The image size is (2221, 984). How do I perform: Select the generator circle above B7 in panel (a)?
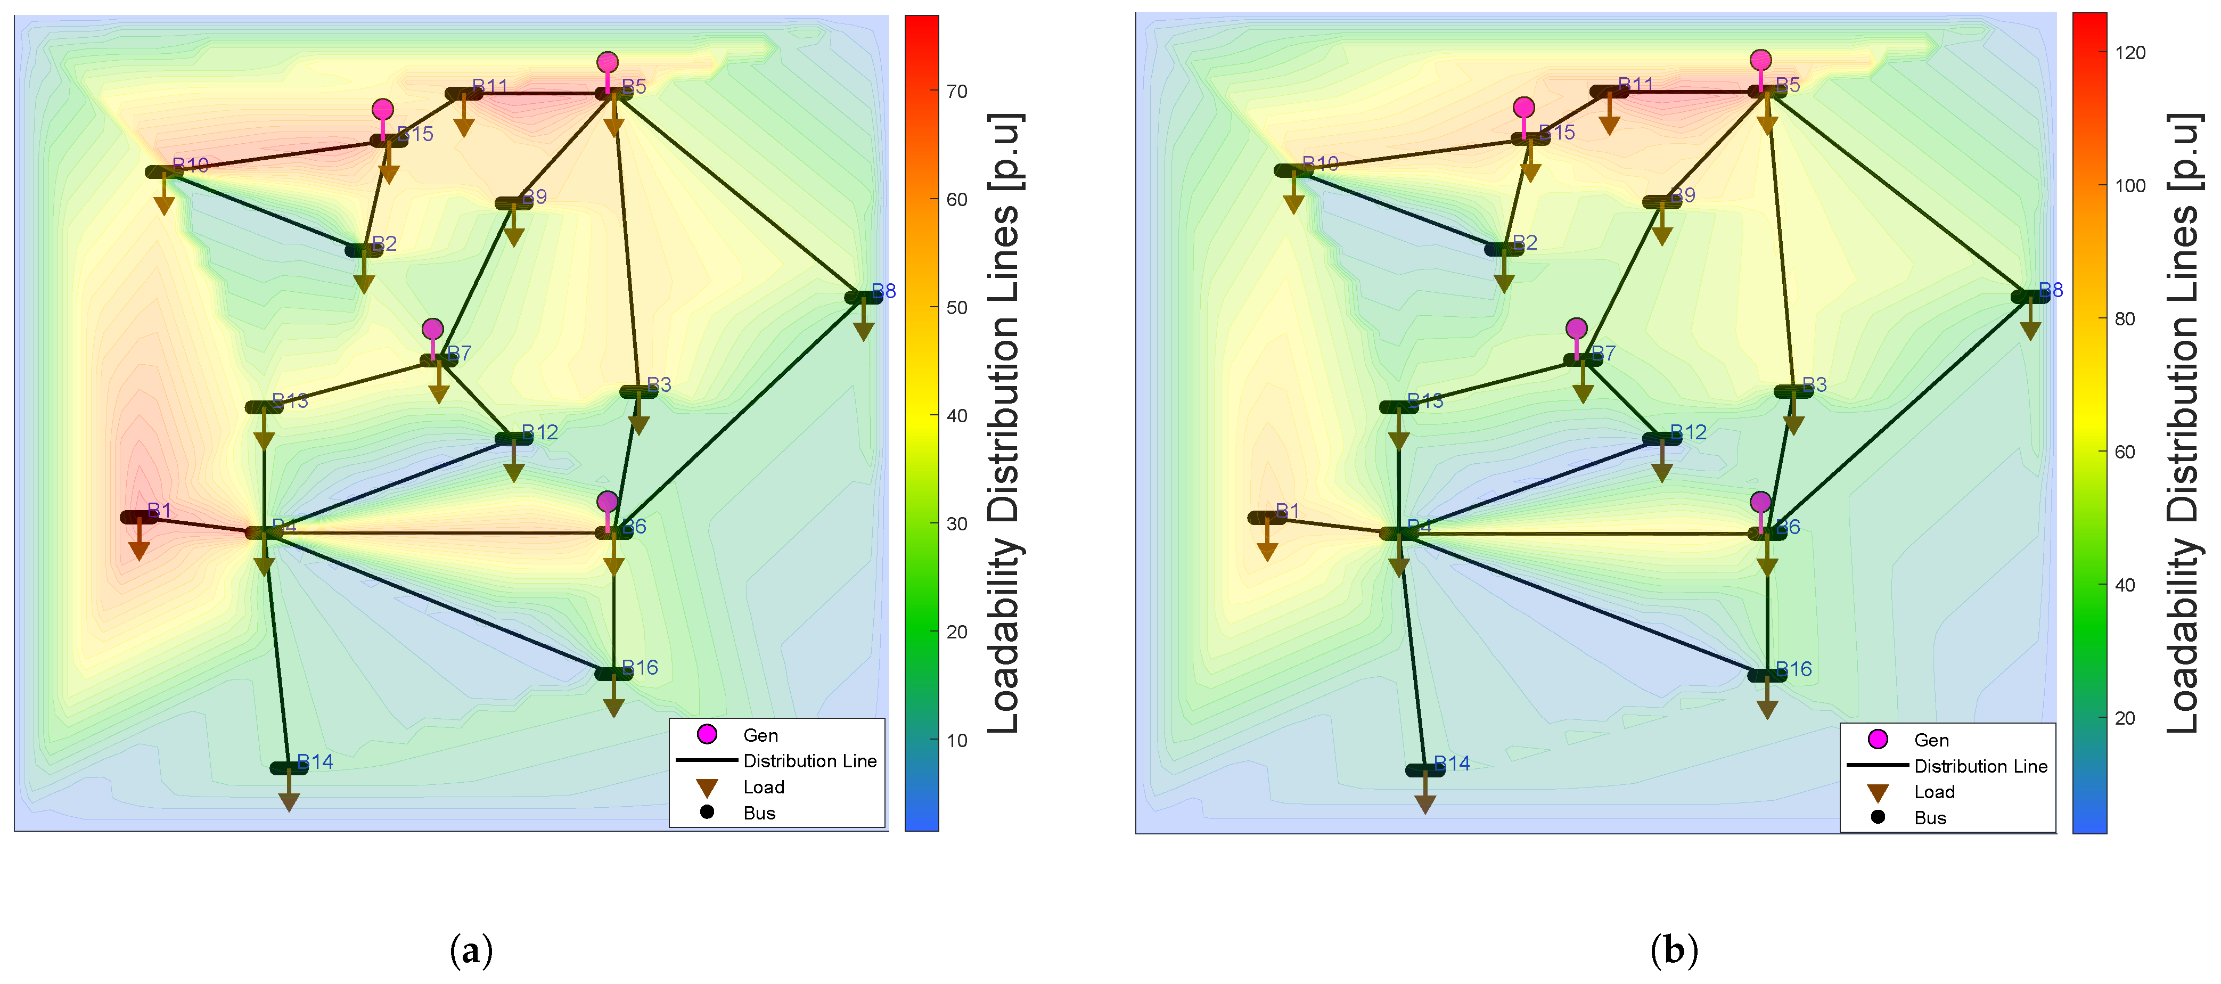tap(433, 329)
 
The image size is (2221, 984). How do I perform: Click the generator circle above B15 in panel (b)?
tap(1523, 107)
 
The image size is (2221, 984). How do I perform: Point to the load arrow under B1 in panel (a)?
tap(139, 550)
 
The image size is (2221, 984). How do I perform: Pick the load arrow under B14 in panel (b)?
tap(1425, 803)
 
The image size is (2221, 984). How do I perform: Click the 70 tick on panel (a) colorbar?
tap(956, 92)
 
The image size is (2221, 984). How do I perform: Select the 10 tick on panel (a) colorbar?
tap(956, 740)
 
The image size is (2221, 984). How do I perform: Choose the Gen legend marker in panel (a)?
tap(707, 734)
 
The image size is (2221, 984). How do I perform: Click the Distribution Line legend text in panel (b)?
tap(1980, 766)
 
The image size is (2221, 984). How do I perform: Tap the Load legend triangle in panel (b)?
tap(1878, 792)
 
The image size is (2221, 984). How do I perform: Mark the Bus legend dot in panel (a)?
tap(707, 811)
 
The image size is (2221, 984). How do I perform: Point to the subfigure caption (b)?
tap(1674, 951)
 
